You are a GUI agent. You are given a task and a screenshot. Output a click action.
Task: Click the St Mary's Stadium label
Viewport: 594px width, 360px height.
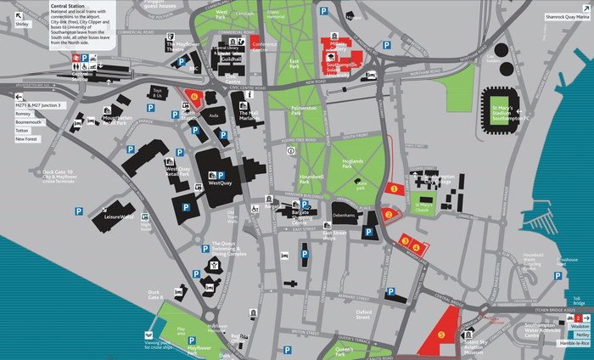tap(509, 112)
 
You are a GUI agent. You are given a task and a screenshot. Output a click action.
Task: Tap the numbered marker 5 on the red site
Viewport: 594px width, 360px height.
tap(440, 335)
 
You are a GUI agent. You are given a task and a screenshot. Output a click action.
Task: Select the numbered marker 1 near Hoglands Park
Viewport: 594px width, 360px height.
tap(393, 188)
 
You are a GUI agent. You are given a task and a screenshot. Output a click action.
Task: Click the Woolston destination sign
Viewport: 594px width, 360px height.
tap(580, 326)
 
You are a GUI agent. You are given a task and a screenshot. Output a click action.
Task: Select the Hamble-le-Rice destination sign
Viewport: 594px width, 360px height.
tap(575, 343)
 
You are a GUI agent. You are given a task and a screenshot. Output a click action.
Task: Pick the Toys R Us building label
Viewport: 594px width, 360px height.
tap(156, 93)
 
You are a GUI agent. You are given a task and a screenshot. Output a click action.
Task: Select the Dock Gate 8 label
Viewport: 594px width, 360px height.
tap(155, 295)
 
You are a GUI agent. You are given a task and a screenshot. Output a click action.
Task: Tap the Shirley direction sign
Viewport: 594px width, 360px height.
tap(22, 25)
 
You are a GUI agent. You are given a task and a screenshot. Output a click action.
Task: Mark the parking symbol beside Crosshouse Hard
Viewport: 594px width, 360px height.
tap(560, 275)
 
